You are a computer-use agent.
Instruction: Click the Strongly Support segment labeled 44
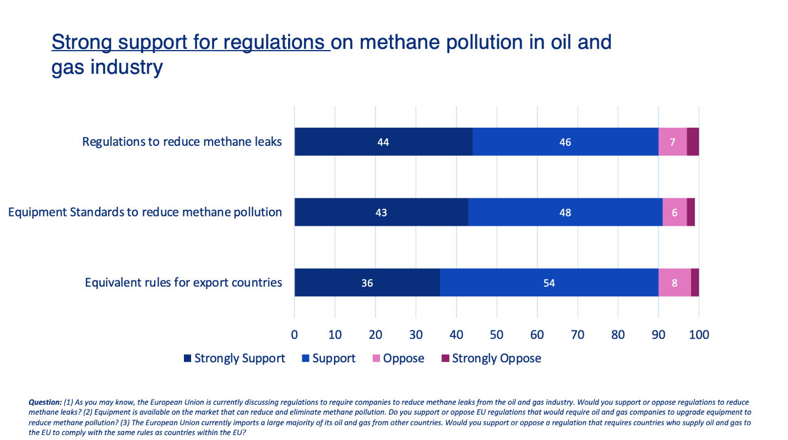[383, 142]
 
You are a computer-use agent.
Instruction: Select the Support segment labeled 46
[565, 142]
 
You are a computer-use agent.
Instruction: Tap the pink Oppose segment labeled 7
[672, 142]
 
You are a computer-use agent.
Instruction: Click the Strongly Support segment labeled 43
[381, 213]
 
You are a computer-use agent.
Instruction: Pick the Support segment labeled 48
[565, 213]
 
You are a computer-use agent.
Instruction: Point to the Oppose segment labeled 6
[674, 213]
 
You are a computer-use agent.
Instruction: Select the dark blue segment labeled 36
[367, 283]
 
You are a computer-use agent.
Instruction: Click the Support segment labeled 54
[548, 283]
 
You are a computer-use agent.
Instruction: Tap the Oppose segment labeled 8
[675, 283]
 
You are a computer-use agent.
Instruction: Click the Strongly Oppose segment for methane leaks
[693, 142]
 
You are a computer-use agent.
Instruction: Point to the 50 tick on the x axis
[497, 334]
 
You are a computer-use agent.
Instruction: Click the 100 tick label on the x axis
[699, 334]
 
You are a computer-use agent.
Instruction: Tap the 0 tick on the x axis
[295, 334]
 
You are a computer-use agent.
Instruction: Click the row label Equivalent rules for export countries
[183, 283]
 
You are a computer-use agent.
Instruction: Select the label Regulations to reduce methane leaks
[182, 142]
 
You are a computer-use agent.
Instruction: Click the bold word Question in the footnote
[45, 403]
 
